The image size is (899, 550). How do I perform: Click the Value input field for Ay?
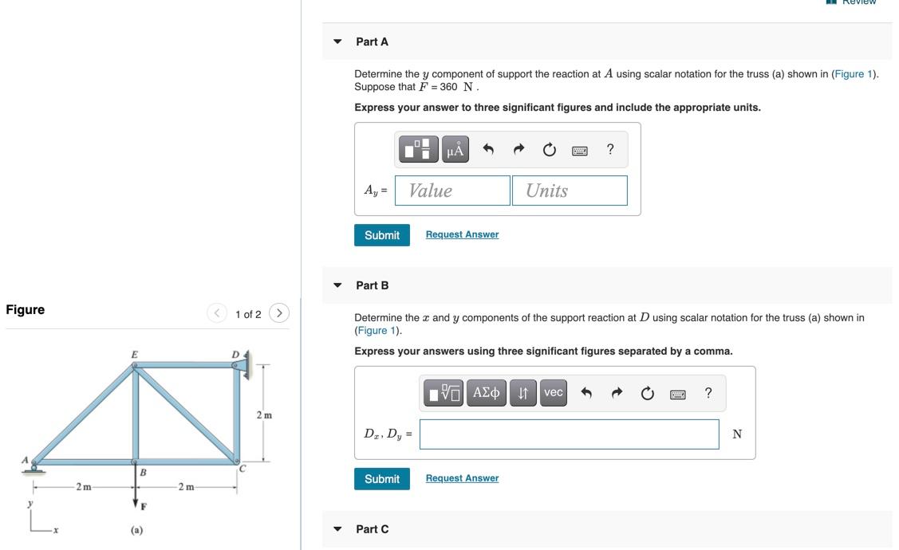coord(452,191)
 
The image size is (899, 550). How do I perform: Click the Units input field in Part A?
coord(570,191)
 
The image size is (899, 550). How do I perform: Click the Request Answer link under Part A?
coord(462,234)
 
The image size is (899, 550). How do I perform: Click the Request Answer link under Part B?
coord(462,478)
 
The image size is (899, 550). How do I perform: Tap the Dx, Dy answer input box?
coord(569,434)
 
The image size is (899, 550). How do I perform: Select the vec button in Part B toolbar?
coord(553,393)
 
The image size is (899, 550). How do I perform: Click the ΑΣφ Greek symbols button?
coord(486,393)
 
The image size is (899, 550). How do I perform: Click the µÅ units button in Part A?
coord(455,150)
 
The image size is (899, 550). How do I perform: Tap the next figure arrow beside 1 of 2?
coord(278,313)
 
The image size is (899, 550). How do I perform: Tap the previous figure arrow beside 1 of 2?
coord(217,313)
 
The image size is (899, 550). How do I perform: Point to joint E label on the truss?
coord(134,354)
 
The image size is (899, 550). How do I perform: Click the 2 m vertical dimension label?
coord(264,415)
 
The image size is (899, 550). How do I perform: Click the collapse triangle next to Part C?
coord(337,529)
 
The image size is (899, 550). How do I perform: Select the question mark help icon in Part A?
coord(610,150)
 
